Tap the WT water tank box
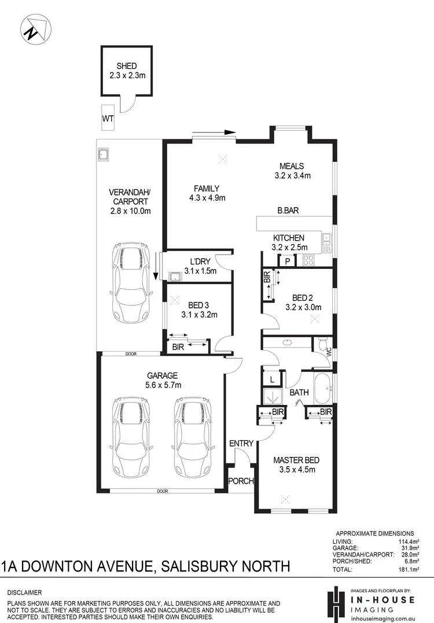pos(108,118)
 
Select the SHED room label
pos(127,66)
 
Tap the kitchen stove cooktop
pos(308,261)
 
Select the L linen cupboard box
pos(271,379)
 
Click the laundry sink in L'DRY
pos(174,276)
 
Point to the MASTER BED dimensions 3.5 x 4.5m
pos(296,470)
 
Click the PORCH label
pos(241,481)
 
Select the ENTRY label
pos(241,443)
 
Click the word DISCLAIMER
pos(25,593)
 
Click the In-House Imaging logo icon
pos(334,603)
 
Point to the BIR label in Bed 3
pos(178,347)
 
